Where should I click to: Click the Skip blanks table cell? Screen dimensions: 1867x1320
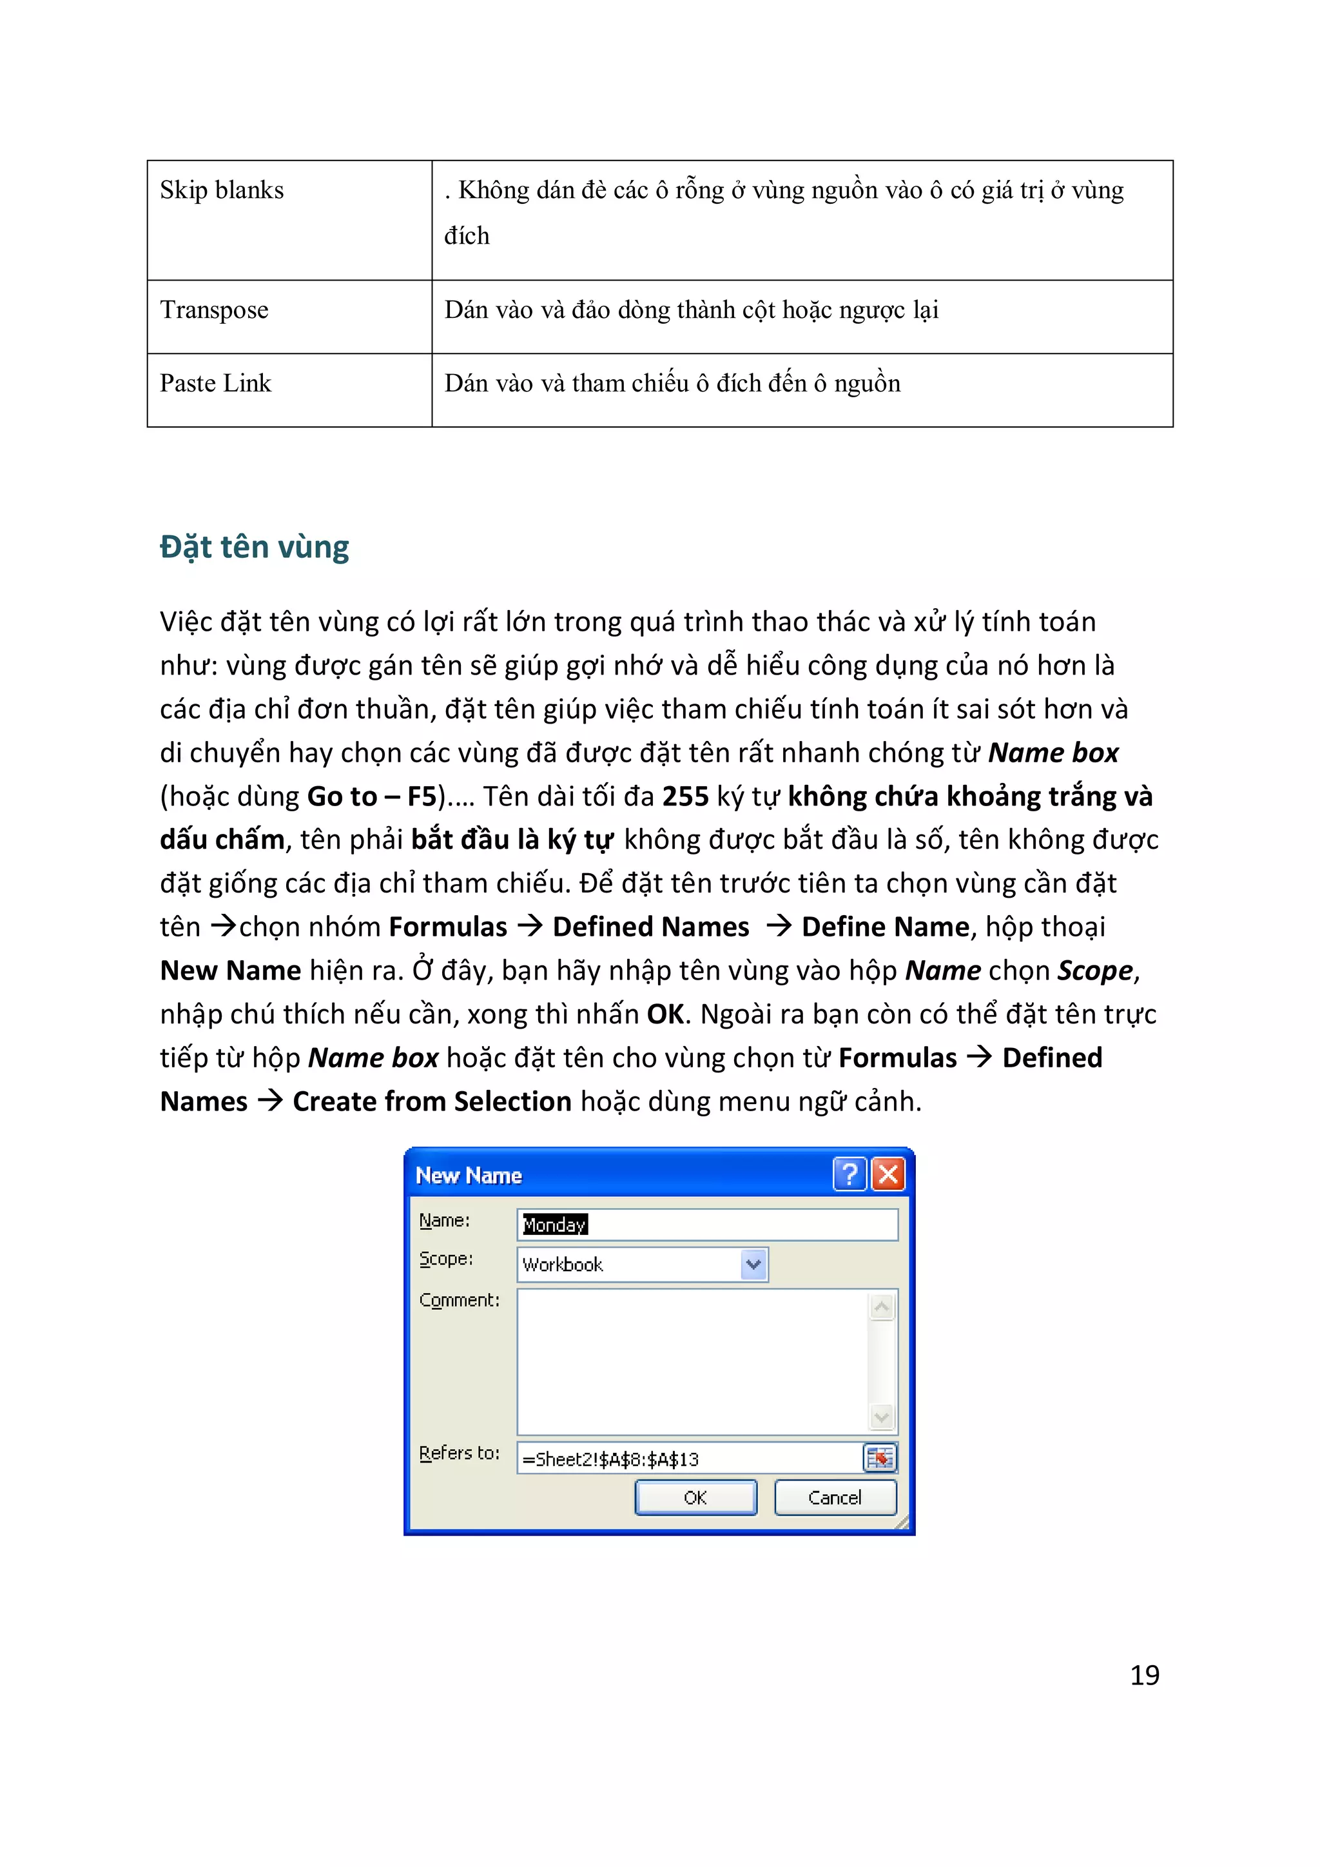222,190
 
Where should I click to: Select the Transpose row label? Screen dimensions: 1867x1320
214,310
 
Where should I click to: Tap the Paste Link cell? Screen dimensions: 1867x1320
215,383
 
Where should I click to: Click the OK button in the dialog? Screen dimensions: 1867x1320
695,1498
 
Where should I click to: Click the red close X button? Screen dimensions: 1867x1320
888,1174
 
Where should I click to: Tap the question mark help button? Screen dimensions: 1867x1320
849,1174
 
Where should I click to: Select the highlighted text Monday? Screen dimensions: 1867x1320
554,1225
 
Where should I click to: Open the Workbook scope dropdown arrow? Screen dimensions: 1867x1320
753,1265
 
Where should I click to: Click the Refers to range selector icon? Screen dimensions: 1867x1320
879,1458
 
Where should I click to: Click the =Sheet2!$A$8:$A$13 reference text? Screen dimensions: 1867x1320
610,1459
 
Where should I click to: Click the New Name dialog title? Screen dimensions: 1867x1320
468,1176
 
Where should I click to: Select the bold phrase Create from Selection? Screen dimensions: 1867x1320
432,1102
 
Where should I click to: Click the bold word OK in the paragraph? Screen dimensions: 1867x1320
666,1015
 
